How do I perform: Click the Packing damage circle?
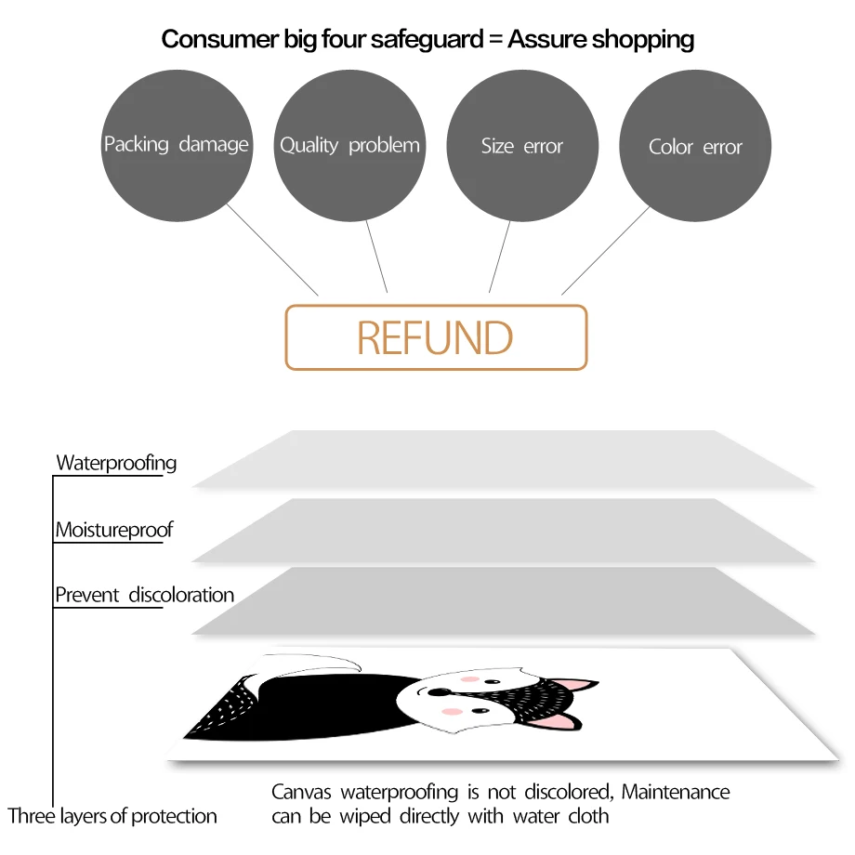point(177,146)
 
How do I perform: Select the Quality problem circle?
point(349,146)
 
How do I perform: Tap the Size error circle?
point(522,146)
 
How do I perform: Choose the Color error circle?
point(695,146)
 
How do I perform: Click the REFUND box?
point(436,338)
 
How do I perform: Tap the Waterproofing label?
point(116,462)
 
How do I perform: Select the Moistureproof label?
point(114,531)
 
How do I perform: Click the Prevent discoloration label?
point(145,595)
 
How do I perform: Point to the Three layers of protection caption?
point(112,816)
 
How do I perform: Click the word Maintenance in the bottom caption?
point(676,792)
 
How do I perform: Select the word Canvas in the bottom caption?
point(303,792)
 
